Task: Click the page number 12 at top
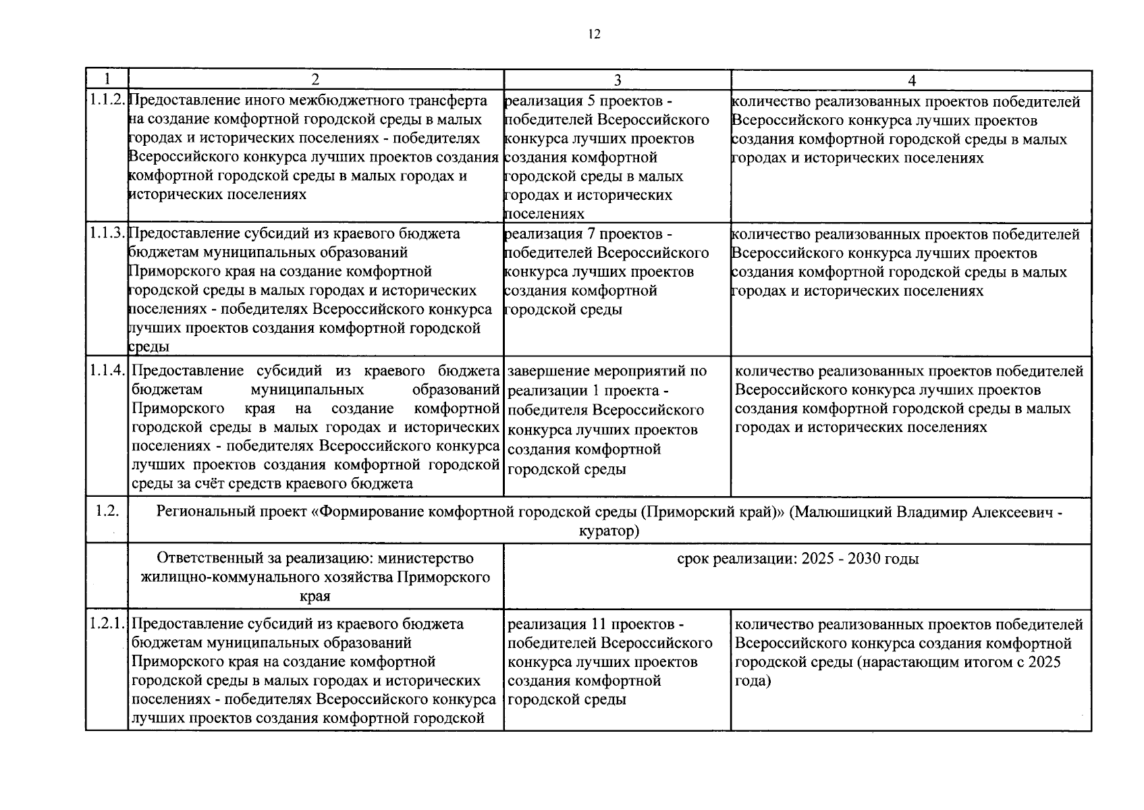coord(594,34)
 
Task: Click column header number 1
coord(107,80)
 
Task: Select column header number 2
coord(315,80)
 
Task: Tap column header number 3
coord(617,80)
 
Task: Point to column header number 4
coord(911,80)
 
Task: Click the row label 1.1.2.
coord(107,101)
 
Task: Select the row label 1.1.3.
coord(107,234)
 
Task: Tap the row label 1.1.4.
coord(107,371)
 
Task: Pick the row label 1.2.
coord(107,511)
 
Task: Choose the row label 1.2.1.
coord(107,624)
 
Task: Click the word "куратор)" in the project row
coord(609,531)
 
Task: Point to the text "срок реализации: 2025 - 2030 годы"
coord(797,559)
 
